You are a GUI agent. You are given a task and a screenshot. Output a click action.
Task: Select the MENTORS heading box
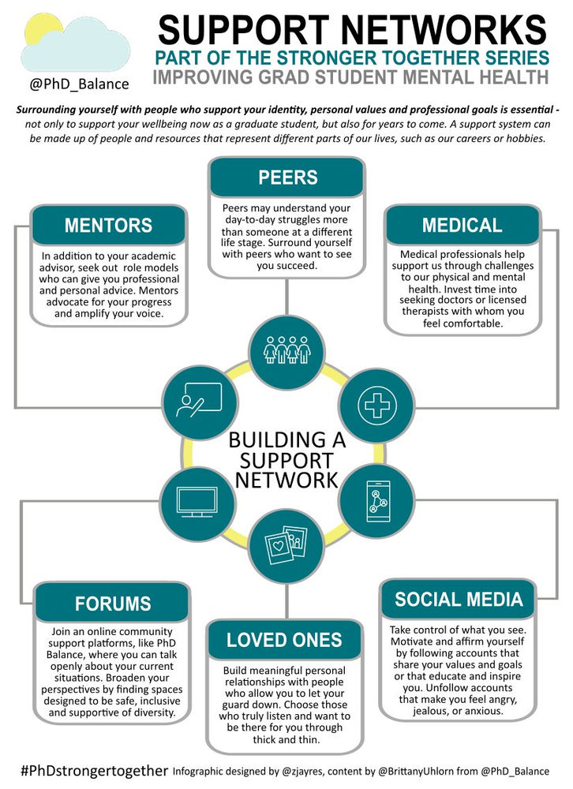[x=109, y=226]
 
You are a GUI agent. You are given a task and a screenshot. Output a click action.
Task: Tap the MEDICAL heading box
[x=462, y=226]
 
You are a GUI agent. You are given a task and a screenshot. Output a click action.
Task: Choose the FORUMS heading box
[x=112, y=604]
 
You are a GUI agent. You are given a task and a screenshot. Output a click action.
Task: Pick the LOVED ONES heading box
[x=284, y=640]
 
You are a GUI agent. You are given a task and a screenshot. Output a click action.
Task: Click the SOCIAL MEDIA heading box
[x=459, y=600]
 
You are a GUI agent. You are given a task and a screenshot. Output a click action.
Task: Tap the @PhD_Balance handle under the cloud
[x=77, y=82]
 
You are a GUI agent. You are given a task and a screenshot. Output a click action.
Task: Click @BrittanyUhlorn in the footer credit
[x=424, y=771]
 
